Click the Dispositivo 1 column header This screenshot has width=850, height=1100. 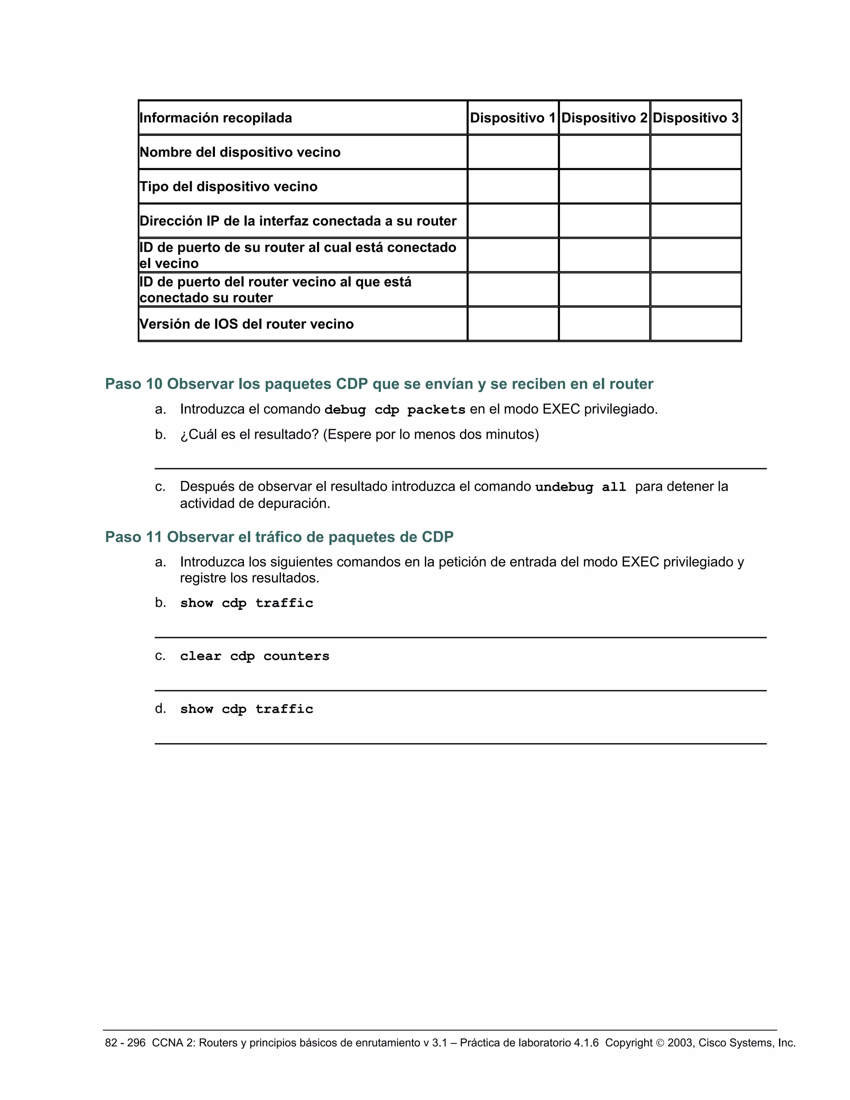pyautogui.click(x=513, y=118)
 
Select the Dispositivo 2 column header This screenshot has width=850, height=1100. pyautogui.click(x=604, y=118)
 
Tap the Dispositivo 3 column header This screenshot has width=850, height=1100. pyautogui.click(x=696, y=118)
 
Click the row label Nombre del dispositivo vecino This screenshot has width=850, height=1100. pyautogui.click(x=240, y=152)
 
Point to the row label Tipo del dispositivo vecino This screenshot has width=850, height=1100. pyautogui.click(x=229, y=186)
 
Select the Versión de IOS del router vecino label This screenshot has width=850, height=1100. pyautogui.click(x=247, y=324)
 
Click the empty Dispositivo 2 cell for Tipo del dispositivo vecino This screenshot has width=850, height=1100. pyautogui.click(x=604, y=186)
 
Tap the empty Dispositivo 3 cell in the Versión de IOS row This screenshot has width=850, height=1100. pyautogui.click(x=696, y=324)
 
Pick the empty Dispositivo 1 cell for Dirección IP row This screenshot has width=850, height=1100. pyautogui.click(x=513, y=220)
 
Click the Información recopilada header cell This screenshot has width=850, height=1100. pyautogui.click(x=216, y=118)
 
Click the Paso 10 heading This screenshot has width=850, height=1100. pyautogui.click(x=379, y=384)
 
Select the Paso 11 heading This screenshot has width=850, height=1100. pyautogui.click(x=279, y=537)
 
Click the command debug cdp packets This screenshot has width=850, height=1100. pyautogui.click(x=395, y=409)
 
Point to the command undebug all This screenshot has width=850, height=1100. pyautogui.click(x=581, y=487)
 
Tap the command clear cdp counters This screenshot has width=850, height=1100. pyautogui.click(x=255, y=656)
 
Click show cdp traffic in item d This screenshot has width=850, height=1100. pyautogui.click(x=247, y=709)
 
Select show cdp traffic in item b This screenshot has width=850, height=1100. pyautogui.click(x=247, y=603)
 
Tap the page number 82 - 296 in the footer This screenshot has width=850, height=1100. pyautogui.click(x=125, y=1043)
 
